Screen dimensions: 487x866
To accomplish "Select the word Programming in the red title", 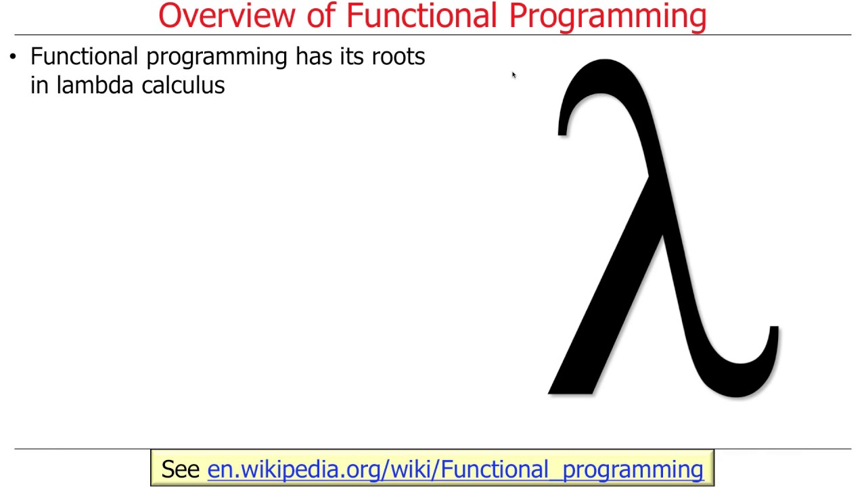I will click(608, 17).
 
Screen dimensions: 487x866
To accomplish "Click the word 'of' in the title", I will click(322, 16).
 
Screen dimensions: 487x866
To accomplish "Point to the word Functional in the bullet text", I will click(85, 56).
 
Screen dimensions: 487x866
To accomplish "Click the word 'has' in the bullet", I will click(313, 56).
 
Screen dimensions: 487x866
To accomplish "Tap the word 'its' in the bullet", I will click(351, 56).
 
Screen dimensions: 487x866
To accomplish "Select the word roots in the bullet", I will click(398, 57).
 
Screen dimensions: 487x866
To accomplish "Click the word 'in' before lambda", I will click(39, 85).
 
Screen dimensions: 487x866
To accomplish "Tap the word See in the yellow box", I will click(180, 469).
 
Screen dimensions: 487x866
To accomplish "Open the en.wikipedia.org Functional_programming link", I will click(455, 469).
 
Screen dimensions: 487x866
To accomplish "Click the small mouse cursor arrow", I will click(514, 75).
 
